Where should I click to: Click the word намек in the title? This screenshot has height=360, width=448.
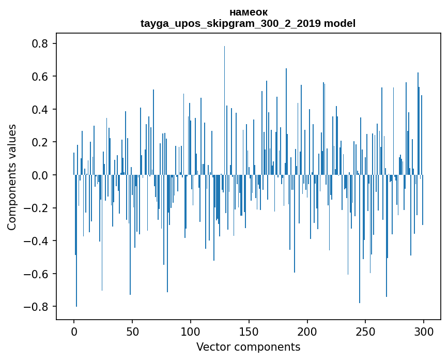pyautogui.click(x=248, y=12)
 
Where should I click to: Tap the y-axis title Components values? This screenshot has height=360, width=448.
pyautogui.click(x=12, y=177)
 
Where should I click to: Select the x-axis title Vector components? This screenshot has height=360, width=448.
pyautogui.click(x=248, y=347)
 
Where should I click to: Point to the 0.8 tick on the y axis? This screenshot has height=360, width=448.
pyautogui.click(x=41, y=44)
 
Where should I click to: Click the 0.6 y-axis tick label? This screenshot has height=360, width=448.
pyautogui.click(x=41, y=77)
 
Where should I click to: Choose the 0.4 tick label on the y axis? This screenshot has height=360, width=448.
pyautogui.click(x=41, y=110)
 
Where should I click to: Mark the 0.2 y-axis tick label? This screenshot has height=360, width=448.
pyautogui.click(x=41, y=142)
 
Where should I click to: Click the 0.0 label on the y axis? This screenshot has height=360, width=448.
pyautogui.click(x=41, y=175)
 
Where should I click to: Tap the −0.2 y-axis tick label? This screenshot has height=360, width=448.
pyautogui.click(x=37, y=208)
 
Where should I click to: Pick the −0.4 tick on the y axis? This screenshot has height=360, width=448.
pyautogui.click(x=37, y=241)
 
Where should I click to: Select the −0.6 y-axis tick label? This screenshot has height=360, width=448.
pyautogui.click(x=37, y=274)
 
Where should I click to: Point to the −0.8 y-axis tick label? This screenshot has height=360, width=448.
pyautogui.click(x=37, y=307)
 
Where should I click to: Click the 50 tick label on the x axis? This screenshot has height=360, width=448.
pyautogui.click(x=132, y=332)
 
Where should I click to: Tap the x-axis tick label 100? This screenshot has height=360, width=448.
pyautogui.click(x=191, y=332)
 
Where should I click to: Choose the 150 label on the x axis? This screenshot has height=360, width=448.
pyautogui.click(x=249, y=332)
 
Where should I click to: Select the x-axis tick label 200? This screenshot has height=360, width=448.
pyautogui.click(x=307, y=332)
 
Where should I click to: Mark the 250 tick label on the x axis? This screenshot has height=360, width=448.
pyautogui.click(x=366, y=332)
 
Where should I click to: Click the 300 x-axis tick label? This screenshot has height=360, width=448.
pyautogui.click(x=424, y=332)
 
